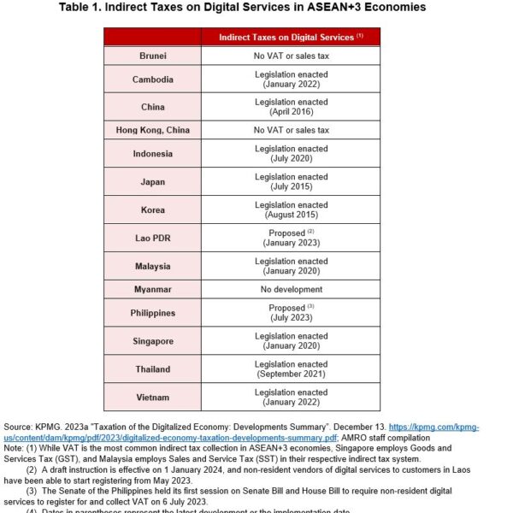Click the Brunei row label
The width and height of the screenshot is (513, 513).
(x=153, y=56)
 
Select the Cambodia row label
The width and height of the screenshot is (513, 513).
(x=153, y=80)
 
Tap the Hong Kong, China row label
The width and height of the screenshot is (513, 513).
(x=153, y=130)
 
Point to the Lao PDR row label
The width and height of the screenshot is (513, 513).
(x=153, y=237)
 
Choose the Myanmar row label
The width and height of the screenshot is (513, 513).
(x=153, y=290)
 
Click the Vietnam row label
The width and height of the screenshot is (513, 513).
(x=153, y=397)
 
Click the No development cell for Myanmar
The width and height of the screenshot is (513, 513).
(x=291, y=290)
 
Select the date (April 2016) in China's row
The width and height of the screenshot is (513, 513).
(x=291, y=112)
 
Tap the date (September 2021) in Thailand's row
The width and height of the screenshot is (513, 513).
(x=291, y=374)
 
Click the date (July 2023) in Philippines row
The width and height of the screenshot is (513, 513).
(x=291, y=318)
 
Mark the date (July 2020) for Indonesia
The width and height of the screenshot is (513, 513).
(x=291, y=159)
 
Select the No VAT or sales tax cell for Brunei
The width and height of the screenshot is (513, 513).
(x=291, y=56)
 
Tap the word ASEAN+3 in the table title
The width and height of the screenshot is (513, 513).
(x=332, y=8)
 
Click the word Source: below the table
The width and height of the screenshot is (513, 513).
(x=19, y=426)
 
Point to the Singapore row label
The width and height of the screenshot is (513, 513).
(x=153, y=341)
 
